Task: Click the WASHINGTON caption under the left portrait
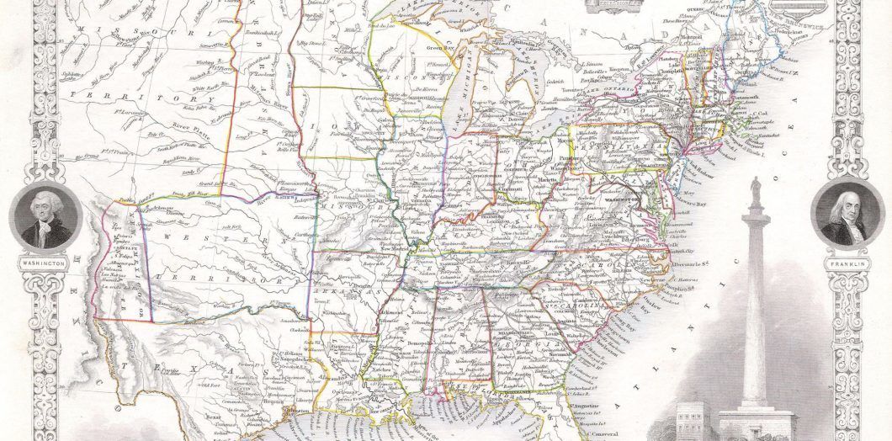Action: pos(43,263)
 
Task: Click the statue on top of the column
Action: pos(755,186)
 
